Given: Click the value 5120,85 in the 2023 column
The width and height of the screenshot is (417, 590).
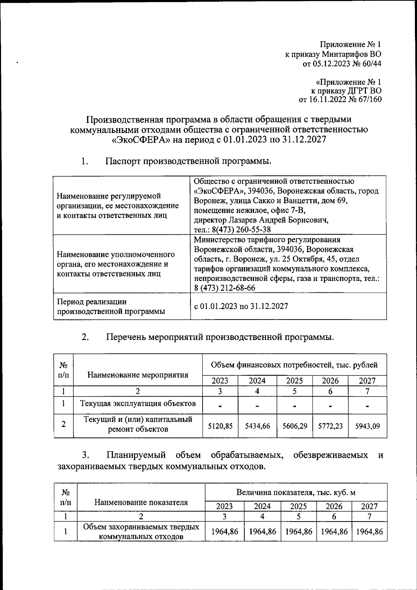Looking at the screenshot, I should click(220, 426).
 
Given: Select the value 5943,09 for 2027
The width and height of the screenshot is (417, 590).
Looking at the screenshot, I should click(367, 426).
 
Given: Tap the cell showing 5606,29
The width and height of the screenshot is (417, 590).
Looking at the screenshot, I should click(295, 426).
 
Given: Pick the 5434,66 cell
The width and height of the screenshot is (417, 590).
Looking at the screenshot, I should click(257, 426).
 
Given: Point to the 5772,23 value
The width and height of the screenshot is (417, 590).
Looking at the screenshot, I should click(330, 426).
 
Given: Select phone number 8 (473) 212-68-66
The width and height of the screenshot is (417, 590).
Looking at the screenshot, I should click(224, 288).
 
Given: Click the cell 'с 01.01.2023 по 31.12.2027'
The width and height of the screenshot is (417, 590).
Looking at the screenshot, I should click(241, 306).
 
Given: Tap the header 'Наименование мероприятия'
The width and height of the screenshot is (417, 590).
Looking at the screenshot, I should click(138, 375).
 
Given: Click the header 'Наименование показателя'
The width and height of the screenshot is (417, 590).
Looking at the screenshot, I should click(141, 502).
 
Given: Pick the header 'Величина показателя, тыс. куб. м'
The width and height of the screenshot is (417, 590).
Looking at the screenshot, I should click(296, 492).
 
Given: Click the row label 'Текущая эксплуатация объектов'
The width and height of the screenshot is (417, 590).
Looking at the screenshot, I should click(138, 404).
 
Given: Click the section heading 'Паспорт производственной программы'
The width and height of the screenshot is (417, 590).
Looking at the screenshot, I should click(188, 161).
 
